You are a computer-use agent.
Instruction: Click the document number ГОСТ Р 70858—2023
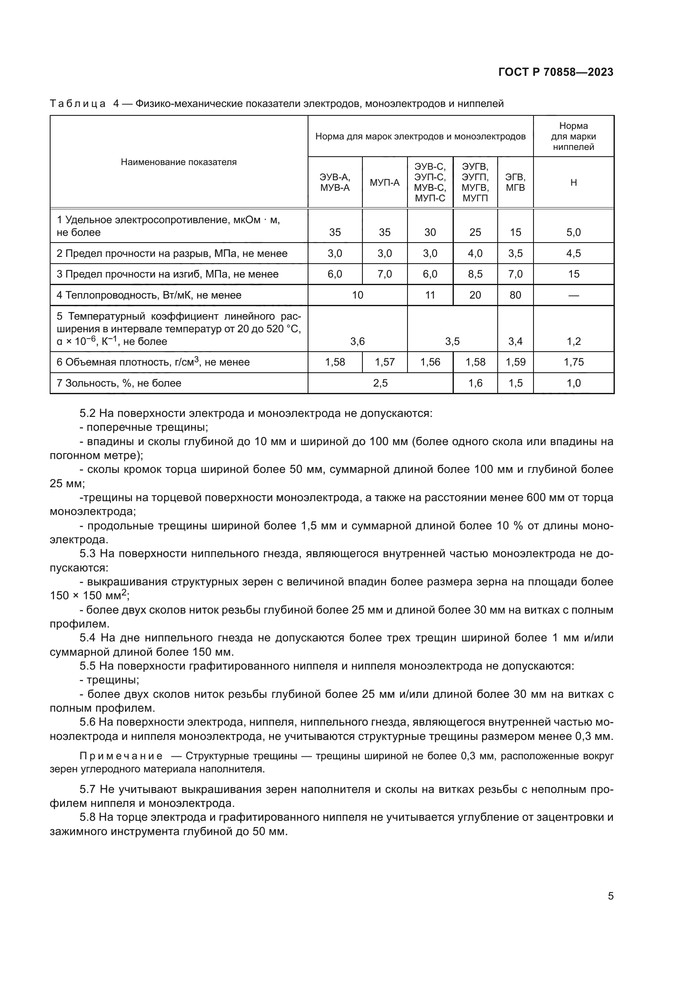point(555,72)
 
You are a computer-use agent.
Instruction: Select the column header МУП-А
point(385,182)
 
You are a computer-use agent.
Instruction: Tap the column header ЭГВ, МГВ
point(515,182)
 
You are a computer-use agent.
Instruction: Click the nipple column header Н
point(574,182)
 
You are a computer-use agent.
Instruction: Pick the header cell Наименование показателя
point(179,162)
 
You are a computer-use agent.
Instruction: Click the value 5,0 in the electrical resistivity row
point(574,232)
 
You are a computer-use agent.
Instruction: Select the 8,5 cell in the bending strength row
point(475,274)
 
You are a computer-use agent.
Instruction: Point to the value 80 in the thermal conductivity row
point(515,295)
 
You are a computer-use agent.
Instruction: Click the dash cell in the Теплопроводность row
point(574,295)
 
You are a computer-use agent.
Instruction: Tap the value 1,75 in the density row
point(574,362)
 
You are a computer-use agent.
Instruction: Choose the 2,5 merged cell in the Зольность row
point(380,383)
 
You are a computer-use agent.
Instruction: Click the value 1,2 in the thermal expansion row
point(574,342)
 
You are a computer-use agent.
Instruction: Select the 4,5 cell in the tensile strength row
point(574,254)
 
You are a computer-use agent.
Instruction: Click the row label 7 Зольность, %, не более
point(119,383)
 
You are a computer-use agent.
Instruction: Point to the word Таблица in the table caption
point(78,104)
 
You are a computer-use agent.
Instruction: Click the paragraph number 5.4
point(88,638)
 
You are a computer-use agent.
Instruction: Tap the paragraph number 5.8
point(88,817)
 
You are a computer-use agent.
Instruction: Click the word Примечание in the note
point(121,756)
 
